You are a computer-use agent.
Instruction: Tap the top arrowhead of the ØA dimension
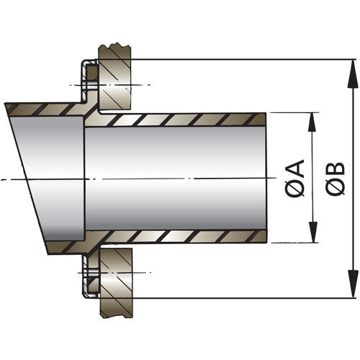click(312, 117)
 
